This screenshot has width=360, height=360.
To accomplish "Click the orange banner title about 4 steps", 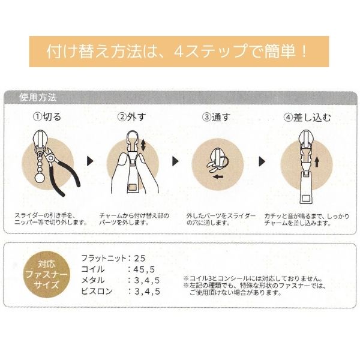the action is coord(176,51).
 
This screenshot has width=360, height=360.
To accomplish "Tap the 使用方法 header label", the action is coord(38,97).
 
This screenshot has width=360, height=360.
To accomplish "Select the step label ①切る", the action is coord(47,116).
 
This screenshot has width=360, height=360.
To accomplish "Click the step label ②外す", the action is coord(132,117).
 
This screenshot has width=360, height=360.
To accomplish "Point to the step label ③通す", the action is coord(216,117).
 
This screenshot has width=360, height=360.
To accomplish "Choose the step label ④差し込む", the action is coord(307,118).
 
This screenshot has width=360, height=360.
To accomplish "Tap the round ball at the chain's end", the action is coord(40,178).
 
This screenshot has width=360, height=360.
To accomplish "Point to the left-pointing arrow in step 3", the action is coord(218,176).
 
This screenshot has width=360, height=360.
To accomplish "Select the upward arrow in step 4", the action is coord(317,162).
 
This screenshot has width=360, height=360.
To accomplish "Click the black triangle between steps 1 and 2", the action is coord(90,161).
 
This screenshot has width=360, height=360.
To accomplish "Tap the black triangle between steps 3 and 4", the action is coord(262,161).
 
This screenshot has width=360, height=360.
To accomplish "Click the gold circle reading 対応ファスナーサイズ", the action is coord(47,275).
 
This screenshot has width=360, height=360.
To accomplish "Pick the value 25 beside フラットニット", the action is coord(140,259).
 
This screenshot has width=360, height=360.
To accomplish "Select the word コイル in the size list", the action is coord(93,269).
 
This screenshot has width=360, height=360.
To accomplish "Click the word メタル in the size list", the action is coord(93,280).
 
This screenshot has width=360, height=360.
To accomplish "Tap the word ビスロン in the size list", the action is coord(97,292).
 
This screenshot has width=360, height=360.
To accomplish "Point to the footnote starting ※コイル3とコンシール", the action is coord(253,279).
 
